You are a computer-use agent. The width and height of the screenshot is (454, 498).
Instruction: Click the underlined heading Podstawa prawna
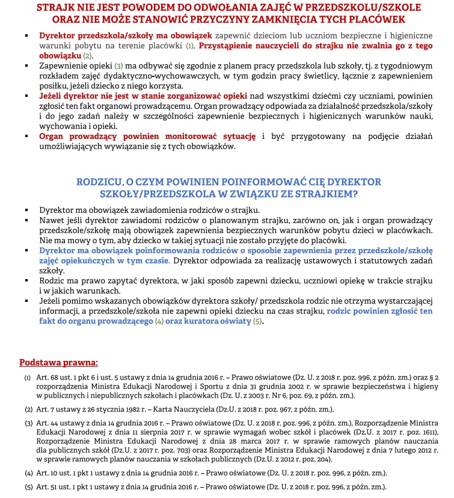(x=58, y=363)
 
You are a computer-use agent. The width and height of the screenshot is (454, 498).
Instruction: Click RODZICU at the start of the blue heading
(x=102, y=182)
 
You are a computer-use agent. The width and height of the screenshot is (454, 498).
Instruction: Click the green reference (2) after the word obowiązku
(x=87, y=55)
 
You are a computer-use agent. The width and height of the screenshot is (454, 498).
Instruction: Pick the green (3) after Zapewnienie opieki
(x=118, y=66)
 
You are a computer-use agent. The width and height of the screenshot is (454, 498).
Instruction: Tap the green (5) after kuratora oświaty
(x=257, y=322)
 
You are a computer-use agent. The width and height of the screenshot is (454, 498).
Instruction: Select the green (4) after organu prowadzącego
(x=159, y=322)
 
